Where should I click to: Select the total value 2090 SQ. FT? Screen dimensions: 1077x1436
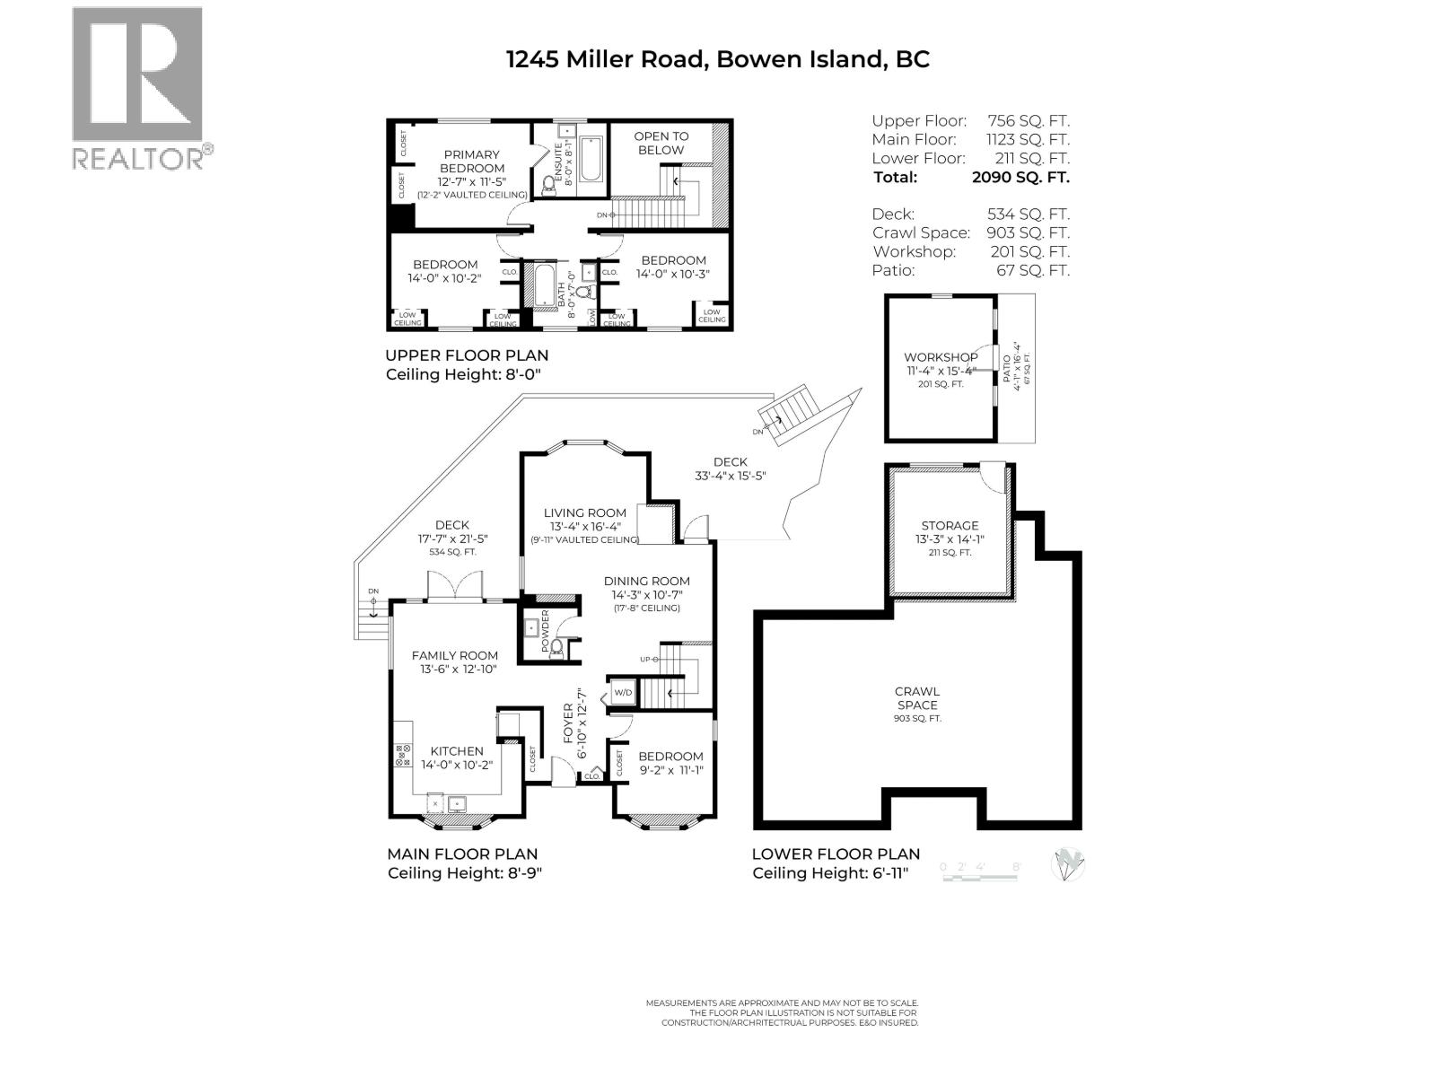point(1020,177)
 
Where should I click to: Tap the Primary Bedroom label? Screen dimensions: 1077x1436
point(471,162)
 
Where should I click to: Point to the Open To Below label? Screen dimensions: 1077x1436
point(661,144)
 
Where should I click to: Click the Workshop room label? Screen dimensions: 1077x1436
point(941,357)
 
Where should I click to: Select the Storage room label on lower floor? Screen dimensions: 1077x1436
point(950,526)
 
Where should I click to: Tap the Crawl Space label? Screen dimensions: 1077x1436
point(916,698)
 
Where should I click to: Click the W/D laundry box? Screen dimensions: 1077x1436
point(623,693)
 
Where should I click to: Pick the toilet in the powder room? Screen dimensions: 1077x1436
point(556,646)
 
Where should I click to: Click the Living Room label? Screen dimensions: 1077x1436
point(584,513)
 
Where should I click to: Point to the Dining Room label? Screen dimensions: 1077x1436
point(646,582)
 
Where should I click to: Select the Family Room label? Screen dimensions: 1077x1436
point(454,656)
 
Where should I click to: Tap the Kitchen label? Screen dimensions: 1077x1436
point(457,751)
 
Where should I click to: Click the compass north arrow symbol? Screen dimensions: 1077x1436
point(1068,864)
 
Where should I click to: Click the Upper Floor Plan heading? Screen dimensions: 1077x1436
point(454,355)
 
